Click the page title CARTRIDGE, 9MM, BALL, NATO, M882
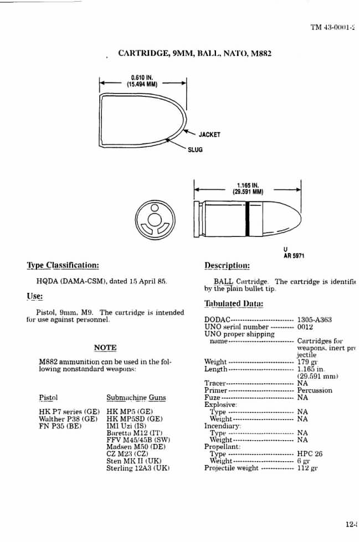(194, 54)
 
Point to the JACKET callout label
(209, 135)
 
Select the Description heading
(227, 265)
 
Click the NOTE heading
(105, 348)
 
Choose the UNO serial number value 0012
(306, 327)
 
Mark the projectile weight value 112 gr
(307, 468)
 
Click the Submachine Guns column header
(136, 398)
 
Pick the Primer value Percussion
(315, 390)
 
